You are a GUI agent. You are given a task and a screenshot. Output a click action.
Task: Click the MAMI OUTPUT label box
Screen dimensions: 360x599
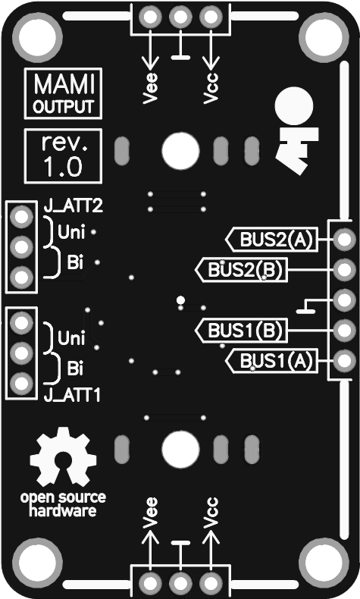tap(63, 93)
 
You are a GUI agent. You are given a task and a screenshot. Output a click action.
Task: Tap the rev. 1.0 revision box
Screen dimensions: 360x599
tap(63, 156)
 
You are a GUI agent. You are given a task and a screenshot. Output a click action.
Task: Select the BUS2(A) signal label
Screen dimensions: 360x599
tap(272, 240)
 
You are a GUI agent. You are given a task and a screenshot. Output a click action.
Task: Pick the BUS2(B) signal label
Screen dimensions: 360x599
tap(241, 270)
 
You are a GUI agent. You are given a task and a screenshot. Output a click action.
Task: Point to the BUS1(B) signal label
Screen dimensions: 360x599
tap(241, 331)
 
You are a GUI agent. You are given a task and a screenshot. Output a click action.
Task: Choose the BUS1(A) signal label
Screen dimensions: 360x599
tap(272, 361)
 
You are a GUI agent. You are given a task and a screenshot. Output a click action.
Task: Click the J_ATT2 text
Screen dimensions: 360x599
tap(74, 206)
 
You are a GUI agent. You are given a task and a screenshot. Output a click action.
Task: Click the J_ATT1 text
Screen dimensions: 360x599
tap(73, 395)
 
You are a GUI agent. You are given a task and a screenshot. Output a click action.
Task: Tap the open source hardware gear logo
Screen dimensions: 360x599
tap(63, 456)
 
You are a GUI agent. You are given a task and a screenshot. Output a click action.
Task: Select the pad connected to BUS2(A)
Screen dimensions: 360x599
tap(344, 240)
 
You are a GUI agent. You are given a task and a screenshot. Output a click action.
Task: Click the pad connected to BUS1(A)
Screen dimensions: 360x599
tap(344, 361)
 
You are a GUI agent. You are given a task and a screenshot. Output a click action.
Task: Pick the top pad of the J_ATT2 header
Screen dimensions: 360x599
tap(21, 217)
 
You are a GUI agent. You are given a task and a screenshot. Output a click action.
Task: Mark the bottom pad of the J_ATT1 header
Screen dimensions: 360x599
tap(21, 383)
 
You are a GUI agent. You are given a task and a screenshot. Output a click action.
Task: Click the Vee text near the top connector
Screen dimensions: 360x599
tap(150, 88)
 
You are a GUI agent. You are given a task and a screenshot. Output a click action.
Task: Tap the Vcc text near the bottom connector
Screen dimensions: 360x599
tap(211, 513)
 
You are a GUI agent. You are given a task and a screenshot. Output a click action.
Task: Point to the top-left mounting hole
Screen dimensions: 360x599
tap(37, 37)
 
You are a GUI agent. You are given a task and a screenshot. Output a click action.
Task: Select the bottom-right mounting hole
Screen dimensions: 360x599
tap(324, 563)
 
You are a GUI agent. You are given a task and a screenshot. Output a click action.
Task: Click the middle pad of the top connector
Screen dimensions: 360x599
tap(180, 17)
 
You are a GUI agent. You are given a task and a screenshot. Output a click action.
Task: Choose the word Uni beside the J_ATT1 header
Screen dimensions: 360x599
tap(71, 338)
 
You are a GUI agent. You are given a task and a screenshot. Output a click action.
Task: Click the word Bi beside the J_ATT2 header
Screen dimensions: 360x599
tap(75, 262)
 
